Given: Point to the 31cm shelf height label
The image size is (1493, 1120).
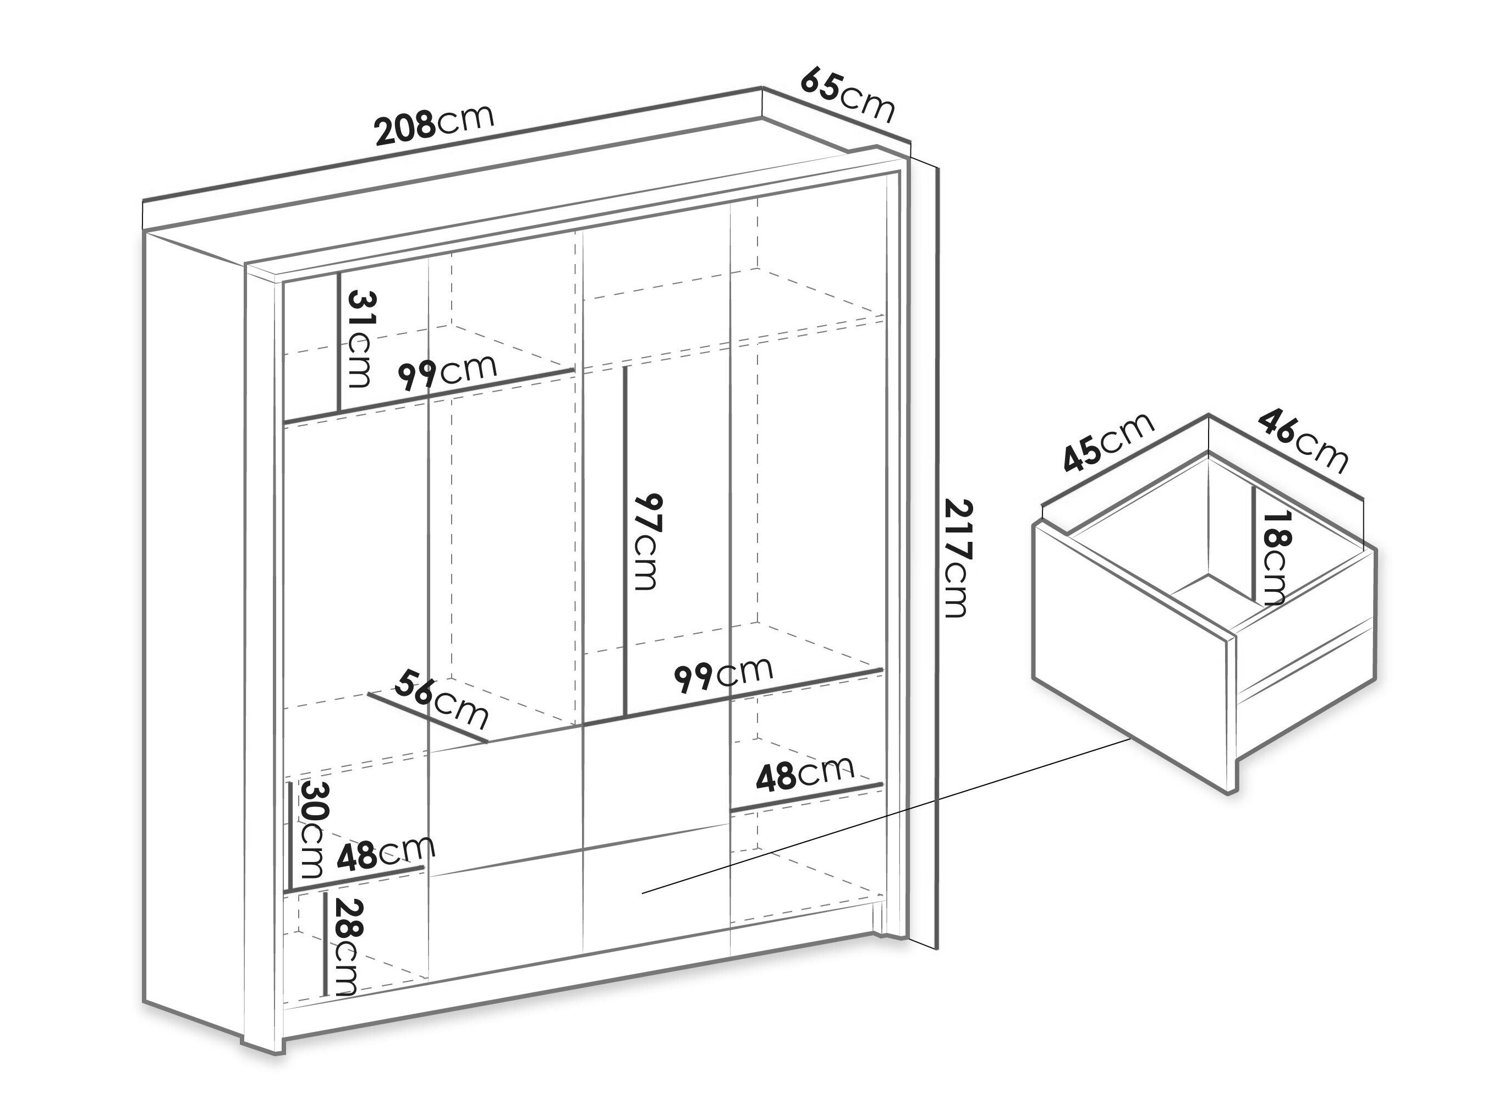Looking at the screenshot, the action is click(359, 339).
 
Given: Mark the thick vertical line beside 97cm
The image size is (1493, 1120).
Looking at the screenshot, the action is click(627, 540).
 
